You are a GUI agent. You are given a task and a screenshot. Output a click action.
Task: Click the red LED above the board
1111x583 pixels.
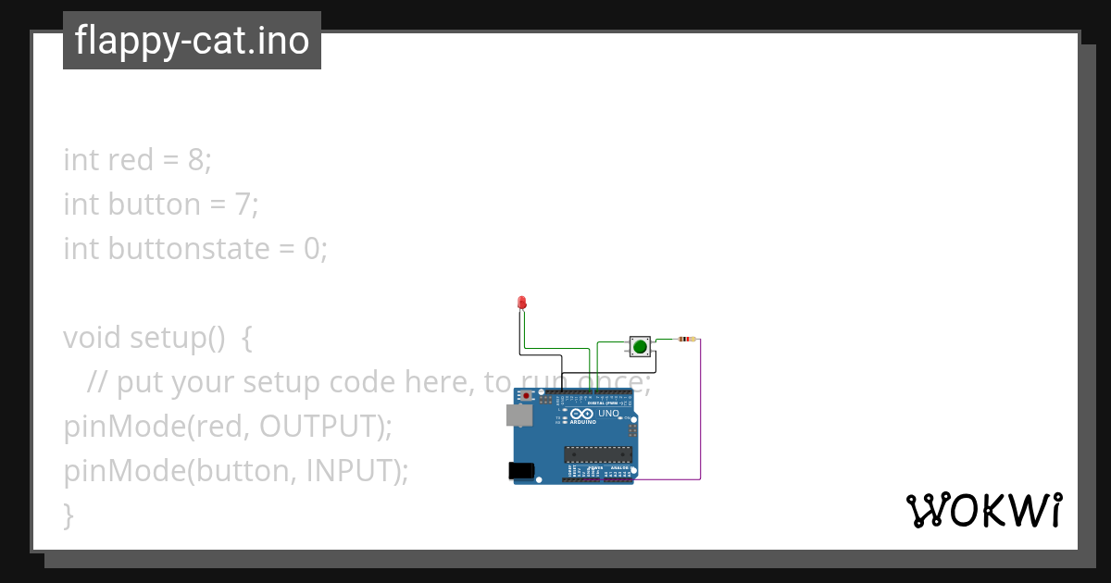[x=522, y=303]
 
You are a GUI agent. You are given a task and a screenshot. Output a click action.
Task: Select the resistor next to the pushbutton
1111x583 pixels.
[x=687, y=340]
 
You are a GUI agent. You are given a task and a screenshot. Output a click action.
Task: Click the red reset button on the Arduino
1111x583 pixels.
[x=528, y=396]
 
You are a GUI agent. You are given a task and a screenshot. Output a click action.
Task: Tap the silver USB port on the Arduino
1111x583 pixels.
[x=519, y=415]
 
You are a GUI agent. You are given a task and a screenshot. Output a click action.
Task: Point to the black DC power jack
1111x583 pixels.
[x=522, y=471]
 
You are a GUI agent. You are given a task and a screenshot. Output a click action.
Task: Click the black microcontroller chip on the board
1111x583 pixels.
[x=598, y=453]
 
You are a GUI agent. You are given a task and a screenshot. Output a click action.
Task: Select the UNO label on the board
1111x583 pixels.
[x=608, y=414]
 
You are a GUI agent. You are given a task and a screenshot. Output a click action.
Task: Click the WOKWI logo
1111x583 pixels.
[x=984, y=510]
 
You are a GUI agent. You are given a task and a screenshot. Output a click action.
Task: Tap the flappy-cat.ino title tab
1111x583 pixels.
[x=192, y=41]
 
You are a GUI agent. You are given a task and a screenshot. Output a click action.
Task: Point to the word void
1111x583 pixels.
[x=93, y=338]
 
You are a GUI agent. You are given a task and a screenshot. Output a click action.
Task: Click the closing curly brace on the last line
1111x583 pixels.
[x=68, y=515]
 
